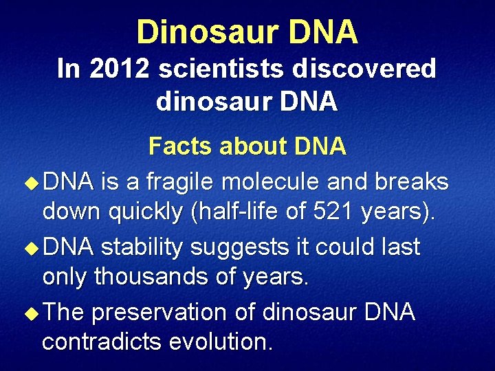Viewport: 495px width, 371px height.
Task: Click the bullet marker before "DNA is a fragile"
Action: coord(29,183)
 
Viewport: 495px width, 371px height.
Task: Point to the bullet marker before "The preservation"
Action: coord(29,313)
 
